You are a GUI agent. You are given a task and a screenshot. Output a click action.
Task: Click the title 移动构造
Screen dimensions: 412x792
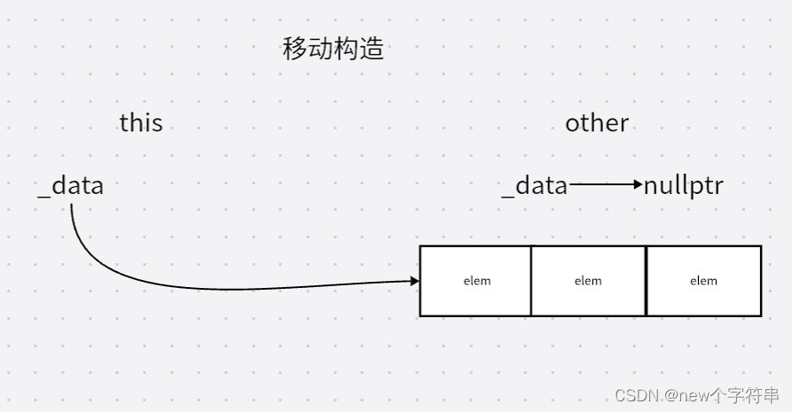tap(333, 49)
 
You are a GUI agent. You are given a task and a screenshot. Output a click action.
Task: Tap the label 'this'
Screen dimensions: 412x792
tap(141, 122)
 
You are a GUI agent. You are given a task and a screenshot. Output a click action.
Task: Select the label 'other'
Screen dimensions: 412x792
tap(597, 122)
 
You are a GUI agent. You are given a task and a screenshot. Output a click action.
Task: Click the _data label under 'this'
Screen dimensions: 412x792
tap(71, 186)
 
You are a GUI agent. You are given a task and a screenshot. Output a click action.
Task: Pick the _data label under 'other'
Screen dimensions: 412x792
tap(534, 186)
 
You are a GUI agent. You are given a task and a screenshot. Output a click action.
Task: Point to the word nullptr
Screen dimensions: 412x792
tap(684, 186)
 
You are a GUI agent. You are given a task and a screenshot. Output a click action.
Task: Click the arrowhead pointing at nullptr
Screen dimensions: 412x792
tap(639, 185)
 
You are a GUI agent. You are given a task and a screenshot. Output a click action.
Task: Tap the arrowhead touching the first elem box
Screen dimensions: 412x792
tap(414, 281)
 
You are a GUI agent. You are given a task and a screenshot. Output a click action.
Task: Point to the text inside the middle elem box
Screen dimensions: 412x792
tap(588, 281)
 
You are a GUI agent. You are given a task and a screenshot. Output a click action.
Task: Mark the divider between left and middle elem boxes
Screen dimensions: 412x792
tap(531, 281)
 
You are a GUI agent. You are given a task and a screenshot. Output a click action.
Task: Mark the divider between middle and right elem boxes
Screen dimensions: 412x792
tap(646, 281)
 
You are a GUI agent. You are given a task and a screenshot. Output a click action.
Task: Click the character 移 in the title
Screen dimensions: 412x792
tap(294, 49)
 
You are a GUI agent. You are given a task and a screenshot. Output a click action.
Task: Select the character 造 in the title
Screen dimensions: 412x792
tap(372, 49)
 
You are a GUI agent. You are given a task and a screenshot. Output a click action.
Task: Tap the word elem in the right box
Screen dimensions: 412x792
tap(703, 281)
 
